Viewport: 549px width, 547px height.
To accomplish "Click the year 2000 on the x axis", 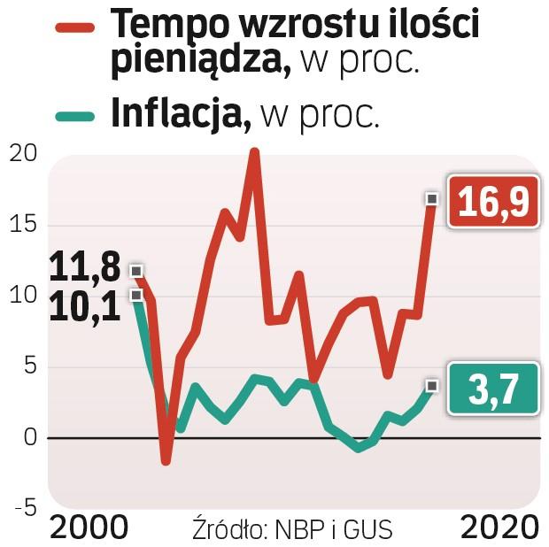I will pos(88,528).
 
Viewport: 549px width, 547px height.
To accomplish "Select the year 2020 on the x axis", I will pos(499,528).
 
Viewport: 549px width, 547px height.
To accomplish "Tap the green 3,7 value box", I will pos(493,389).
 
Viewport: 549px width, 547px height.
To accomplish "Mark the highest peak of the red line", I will pos(254,153).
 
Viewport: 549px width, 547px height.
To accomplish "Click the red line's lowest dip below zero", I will pos(166,461).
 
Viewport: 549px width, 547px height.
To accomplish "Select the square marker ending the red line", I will pos(431,198).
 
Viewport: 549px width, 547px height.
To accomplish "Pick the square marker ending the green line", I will pos(431,385).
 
